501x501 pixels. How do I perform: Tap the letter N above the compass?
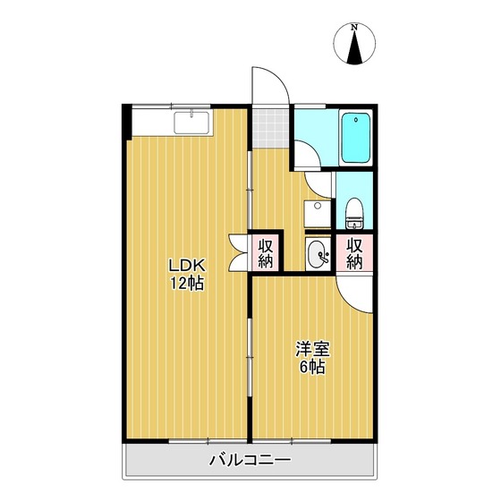coord(356,28)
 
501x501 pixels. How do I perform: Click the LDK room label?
coord(189,266)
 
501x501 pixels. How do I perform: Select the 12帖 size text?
coord(189,284)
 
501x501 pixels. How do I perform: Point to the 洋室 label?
coord(311,350)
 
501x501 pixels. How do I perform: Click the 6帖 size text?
coord(311,368)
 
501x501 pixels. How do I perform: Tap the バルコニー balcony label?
coord(250,462)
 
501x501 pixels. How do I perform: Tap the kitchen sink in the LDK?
coord(192,123)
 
